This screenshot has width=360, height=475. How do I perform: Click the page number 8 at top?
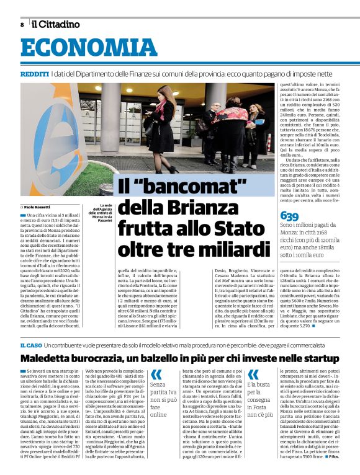tap(22, 25)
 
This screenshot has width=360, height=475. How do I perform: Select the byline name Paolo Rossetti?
tap(38, 206)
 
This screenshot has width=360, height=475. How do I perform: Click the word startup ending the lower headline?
tap(320, 358)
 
